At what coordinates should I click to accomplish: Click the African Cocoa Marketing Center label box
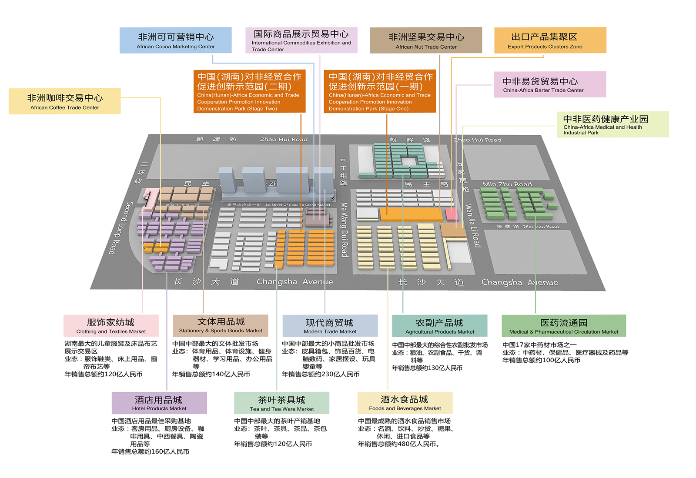[x=175, y=40]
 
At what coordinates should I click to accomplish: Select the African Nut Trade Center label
[x=426, y=40]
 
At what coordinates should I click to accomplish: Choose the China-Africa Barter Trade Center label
[x=550, y=84]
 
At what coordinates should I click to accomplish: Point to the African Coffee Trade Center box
[x=64, y=101]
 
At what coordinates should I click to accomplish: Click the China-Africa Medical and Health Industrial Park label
[x=612, y=124]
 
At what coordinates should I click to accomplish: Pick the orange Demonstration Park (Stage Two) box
[x=249, y=91]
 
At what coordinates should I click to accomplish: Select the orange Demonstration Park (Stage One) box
[x=379, y=91]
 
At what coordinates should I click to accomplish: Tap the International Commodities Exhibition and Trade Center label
[x=301, y=40]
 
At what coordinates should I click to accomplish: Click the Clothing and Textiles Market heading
[x=111, y=326]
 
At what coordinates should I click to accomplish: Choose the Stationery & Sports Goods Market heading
[x=221, y=325]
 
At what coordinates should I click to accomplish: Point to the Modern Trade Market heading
[x=330, y=326]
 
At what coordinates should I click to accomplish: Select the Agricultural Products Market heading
[x=439, y=326]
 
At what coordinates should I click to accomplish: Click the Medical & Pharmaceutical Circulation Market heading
[x=564, y=326]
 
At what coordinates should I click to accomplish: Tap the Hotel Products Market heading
[x=159, y=403]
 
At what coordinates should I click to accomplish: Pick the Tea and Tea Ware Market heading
[x=281, y=403]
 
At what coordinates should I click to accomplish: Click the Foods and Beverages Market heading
[x=405, y=403]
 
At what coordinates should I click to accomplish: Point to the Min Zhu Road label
[x=507, y=184]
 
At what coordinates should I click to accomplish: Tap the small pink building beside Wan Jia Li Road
[x=452, y=214]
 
